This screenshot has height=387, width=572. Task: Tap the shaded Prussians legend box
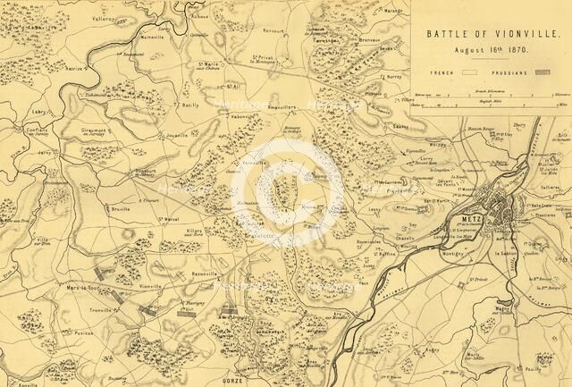pos(542,72)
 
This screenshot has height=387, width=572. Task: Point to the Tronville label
pos(101,310)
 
